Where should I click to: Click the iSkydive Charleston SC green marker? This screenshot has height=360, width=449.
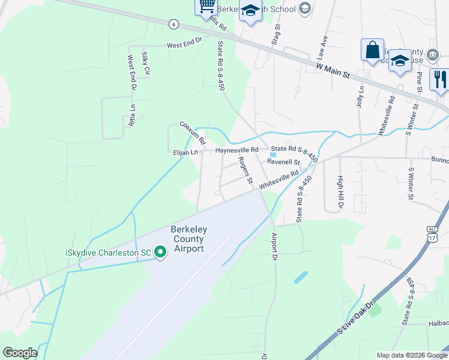(x=160, y=253)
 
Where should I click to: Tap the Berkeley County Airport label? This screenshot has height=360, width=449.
(x=187, y=239)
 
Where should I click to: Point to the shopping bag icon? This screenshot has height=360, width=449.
(x=372, y=49)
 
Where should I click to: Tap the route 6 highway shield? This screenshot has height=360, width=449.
(x=173, y=23)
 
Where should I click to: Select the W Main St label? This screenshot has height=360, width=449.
(x=333, y=70)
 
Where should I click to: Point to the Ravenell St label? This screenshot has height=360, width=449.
(x=283, y=162)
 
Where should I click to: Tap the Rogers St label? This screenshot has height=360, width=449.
(x=244, y=170)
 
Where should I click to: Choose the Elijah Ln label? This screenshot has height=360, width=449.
(x=185, y=153)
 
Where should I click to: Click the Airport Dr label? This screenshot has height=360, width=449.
(x=274, y=246)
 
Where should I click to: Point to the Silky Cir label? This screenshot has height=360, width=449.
(x=145, y=62)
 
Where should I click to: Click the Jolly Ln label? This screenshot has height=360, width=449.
(x=361, y=97)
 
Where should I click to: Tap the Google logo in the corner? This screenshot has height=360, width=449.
(x=20, y=352)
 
